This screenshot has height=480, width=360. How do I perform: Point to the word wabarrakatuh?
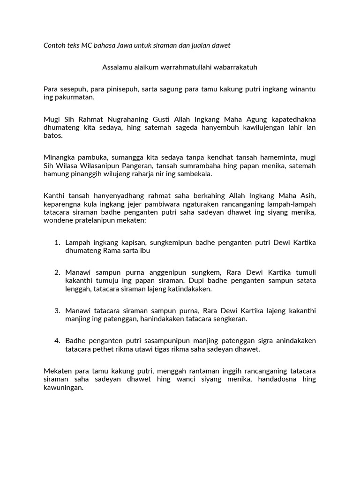(235, 67)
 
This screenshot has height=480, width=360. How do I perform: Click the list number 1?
(57, 242)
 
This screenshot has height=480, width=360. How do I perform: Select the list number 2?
(57, 272)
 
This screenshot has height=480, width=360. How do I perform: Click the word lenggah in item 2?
(77, 289)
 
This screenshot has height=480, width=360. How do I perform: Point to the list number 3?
(57, 310)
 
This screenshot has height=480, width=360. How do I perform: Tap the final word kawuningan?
(63, 387)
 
